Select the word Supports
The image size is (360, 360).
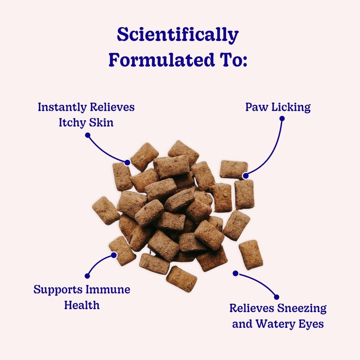coord(56,289)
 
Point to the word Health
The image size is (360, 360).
coord(81,305)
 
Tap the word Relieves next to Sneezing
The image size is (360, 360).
coord(250,309)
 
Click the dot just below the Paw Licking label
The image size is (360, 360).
coord(282,119)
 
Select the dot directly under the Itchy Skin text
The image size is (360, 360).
coord(88,135)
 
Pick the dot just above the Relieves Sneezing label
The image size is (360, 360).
coord(276,297)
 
